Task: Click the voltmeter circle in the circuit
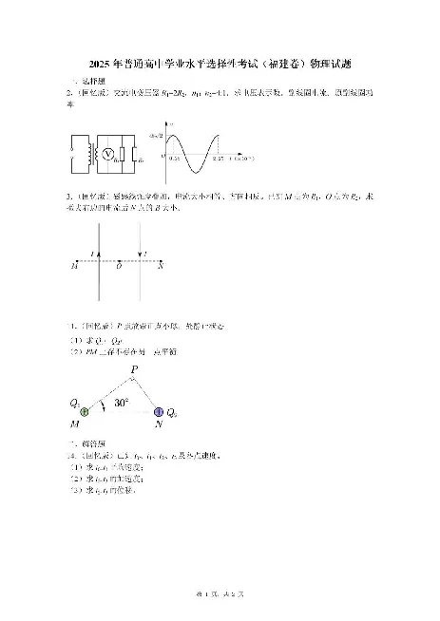[x=109, y=154]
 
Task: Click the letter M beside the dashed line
[x=73, y=267]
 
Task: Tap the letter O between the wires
[x=119, y=267]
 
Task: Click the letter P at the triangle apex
[x=134, y=368]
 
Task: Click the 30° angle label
[x=122, y=404]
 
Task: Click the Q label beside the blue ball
[x=171, y=414]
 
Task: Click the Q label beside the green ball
[x=72, y=402]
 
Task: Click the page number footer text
[x=220, y=593]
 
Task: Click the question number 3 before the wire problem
[x=70, y=194]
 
